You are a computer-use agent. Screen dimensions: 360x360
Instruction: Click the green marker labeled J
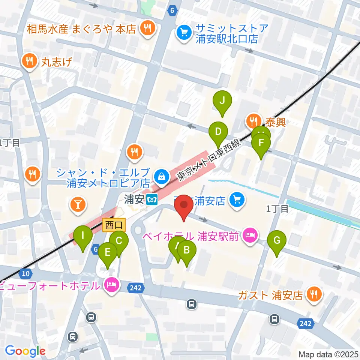222,100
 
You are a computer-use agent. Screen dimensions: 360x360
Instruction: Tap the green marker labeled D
218,132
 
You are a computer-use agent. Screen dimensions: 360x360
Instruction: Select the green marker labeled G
277,240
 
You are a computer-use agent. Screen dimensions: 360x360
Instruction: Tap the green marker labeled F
261,143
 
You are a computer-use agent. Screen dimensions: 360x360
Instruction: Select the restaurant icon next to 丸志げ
28,60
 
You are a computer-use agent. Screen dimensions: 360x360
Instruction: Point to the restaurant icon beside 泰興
254,121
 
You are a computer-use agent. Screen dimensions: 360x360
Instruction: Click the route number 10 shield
25,274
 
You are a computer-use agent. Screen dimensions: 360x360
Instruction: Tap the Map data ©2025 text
328,354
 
